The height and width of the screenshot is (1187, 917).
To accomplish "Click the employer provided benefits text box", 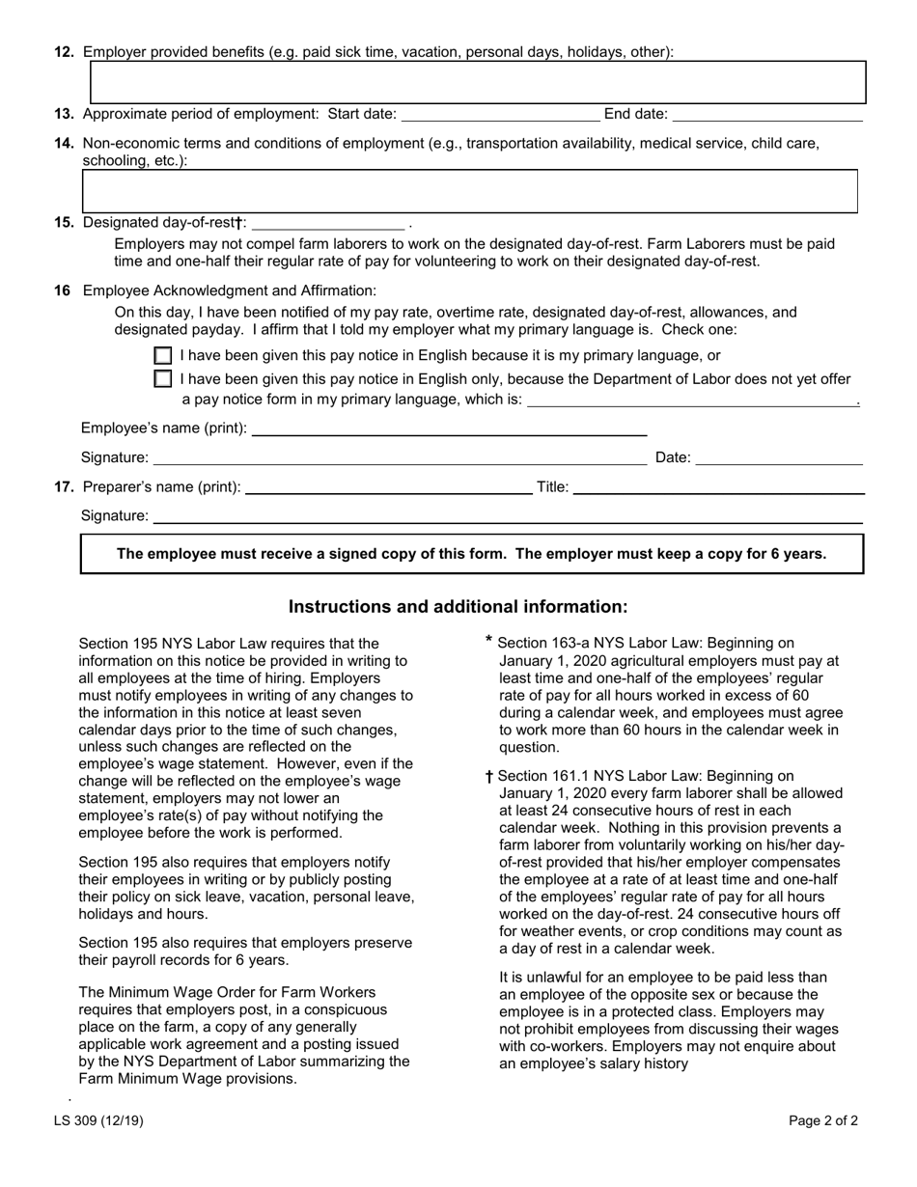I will click(478, 82).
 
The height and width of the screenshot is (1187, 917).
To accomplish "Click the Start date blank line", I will click(499, 115).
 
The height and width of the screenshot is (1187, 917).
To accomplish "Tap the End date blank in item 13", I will click(766, 115).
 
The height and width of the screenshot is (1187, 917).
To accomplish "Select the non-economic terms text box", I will click(470, 191).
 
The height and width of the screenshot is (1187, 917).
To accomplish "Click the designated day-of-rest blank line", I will click(326, 223).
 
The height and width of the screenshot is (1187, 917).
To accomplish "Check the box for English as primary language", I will click(163, 356).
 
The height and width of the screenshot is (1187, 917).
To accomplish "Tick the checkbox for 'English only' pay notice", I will click(163, 379).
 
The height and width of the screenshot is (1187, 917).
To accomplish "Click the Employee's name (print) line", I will click(448, 428).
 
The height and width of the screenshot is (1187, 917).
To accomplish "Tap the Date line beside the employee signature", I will click(778, 458).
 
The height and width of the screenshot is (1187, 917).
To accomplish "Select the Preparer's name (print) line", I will click(388, 487).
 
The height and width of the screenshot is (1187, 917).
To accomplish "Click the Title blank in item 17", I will click(718, 487).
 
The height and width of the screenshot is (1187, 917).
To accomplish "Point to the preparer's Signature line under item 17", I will click(507, 517).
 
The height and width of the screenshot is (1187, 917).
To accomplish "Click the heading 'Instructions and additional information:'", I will click(458, 607).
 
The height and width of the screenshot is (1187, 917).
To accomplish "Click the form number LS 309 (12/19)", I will click(112, 1120).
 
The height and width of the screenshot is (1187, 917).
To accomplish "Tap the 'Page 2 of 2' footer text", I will click(822, 1120).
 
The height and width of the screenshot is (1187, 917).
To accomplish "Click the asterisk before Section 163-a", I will click(489, 641).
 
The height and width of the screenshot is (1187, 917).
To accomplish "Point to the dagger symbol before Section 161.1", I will click(489, 777).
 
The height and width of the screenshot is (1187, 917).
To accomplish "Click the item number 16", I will click(62, 290).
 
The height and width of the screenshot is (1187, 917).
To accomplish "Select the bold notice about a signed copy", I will click(471, 554).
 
